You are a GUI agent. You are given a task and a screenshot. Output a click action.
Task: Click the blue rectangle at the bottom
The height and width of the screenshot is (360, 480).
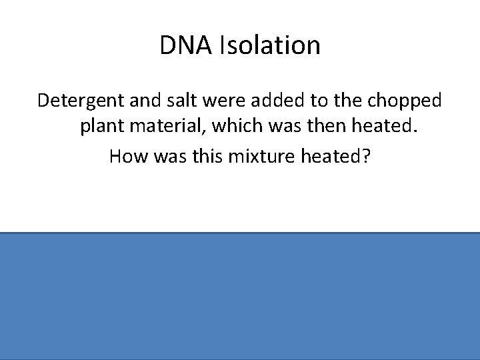click(240, 296)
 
